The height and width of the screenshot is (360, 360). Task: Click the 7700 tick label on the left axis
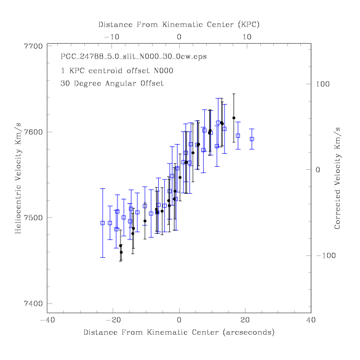[33, 46]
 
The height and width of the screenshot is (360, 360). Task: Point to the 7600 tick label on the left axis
[33, 132]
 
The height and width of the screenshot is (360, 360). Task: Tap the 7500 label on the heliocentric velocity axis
[33, 218]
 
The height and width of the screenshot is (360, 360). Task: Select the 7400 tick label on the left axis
[33, 303]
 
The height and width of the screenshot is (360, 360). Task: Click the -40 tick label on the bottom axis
[47, 320]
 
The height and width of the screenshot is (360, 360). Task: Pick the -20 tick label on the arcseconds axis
[113, 320]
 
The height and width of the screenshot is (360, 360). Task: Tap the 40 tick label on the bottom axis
[311, 320]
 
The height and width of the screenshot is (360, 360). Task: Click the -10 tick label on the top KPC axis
[112, 37]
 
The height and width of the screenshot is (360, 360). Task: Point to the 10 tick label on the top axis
[247, 37]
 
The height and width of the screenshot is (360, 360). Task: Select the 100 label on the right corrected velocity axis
[322, 84]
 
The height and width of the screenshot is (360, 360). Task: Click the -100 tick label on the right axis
[326, 255]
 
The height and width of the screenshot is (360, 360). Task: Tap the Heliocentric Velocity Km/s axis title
[18, 178]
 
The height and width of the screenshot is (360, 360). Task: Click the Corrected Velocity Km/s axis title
[337, 178]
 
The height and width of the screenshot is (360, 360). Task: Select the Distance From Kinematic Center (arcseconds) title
[179, 332]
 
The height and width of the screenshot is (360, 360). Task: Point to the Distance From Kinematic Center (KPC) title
[179, 25]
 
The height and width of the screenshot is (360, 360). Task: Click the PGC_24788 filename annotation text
[134, 57]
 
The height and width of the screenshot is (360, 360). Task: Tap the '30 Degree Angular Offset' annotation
[112, 83]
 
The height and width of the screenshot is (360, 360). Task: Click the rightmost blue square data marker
[252, 139]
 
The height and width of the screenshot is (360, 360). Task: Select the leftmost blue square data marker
[103, 223]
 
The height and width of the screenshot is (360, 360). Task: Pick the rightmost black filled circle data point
[234, 118]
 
